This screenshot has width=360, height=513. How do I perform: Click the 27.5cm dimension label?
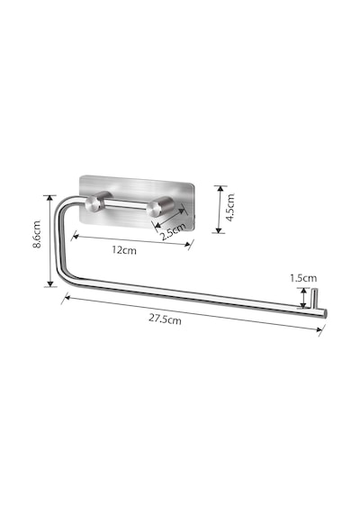165,319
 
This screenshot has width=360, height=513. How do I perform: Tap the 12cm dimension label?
124,250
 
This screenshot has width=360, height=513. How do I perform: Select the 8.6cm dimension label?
37,234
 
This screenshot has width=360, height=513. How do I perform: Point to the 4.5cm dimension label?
230,207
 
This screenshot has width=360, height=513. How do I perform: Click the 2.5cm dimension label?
173,231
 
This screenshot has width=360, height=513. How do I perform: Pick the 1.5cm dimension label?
303,278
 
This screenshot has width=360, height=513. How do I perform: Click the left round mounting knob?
94,203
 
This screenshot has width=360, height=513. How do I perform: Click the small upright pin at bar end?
314,299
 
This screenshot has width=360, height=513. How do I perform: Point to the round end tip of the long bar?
325,313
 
